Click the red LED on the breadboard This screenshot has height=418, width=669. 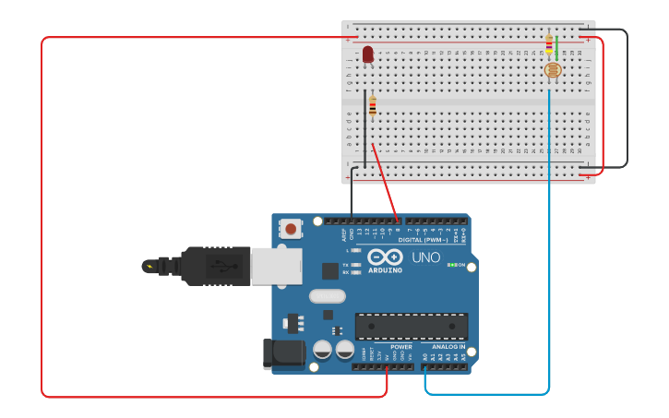(368, 55)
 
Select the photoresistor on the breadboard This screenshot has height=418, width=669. (552, 70)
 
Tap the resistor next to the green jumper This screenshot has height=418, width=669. (549, 43)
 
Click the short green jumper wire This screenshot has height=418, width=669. (556, 45)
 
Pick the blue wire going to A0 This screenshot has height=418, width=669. (549, 277)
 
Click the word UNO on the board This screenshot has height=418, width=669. (425, 257)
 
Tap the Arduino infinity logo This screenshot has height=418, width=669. (385, 257)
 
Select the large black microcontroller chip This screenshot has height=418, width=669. (412, 327)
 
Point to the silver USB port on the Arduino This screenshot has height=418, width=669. (277, 265)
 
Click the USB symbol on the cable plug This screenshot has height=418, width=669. (218, 266)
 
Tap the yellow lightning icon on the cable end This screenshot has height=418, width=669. (149, 267)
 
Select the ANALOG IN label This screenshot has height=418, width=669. (448, 347)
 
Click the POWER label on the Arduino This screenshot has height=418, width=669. (400, 347)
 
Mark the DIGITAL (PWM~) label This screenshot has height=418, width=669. (424, 240)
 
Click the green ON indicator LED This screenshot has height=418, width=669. (450, 265)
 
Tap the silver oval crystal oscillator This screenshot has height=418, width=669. (328, 296)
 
